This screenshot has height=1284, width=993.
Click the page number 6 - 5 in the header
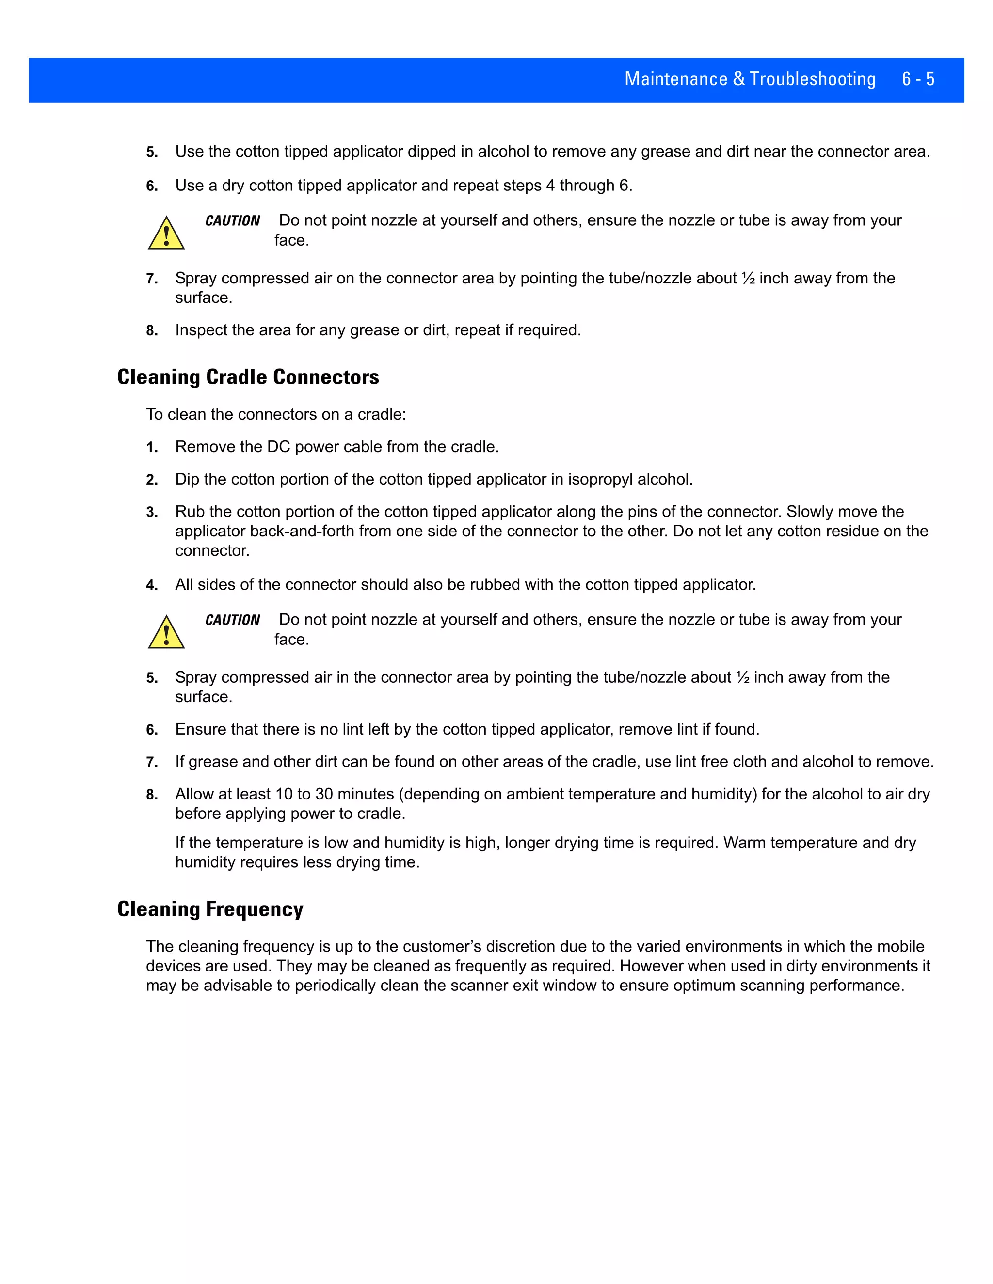coord(918,79)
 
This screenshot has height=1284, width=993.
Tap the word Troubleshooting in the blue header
coord(813,79)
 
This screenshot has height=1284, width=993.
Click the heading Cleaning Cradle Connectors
coord(248,377)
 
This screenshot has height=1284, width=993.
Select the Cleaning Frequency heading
coord(210,909)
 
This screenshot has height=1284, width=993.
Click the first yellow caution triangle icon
coord(166,234)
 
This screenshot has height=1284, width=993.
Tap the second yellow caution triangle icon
coord(166,633)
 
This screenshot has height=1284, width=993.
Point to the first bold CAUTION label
coord(232,221)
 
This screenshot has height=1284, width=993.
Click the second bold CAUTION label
coord(232,620)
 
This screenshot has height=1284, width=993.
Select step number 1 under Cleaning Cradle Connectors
coord(152,448)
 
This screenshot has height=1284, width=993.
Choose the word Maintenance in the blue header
coord(675,79)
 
